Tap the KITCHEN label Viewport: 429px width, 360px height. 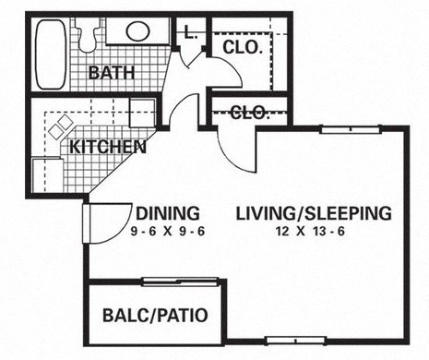[x=107, y=146]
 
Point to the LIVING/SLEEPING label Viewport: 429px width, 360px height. [x=313, y=212]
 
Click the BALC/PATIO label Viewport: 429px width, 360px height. [x=154, y=315]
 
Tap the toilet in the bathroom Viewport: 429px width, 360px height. [x=89, y=35]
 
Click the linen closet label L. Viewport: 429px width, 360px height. [x=189, y=32]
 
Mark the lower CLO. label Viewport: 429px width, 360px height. [x=248, y=114]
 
